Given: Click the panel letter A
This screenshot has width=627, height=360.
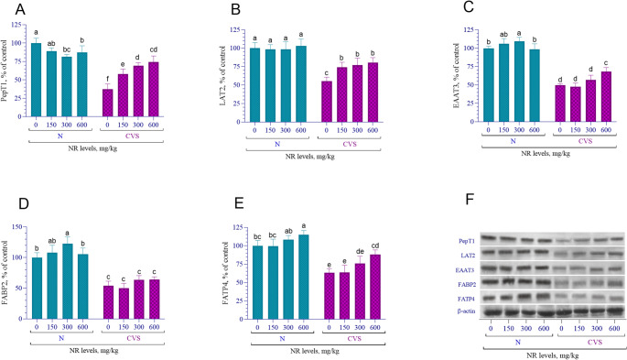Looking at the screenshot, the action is point(20,9).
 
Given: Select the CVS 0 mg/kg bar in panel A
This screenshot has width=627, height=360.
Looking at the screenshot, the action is point(108,103).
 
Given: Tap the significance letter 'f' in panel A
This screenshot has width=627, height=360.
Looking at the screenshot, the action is point(108,79).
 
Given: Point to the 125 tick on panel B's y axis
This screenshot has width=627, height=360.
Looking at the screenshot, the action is point(235,29).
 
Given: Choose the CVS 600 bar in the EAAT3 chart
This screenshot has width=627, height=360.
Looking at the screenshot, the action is point(606,96).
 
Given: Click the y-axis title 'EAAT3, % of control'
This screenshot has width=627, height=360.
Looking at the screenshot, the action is point(456,76).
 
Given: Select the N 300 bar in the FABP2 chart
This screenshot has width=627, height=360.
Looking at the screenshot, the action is point(67,281).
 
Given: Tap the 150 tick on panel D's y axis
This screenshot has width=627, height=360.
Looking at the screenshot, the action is point(17,227).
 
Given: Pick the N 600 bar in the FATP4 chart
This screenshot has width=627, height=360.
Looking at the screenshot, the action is point(304,277).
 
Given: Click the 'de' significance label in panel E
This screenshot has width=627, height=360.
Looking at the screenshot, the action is point(360,251).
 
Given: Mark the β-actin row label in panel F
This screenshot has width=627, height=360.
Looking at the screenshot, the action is point(467,311).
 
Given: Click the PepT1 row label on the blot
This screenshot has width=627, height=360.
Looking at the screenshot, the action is point(467,241).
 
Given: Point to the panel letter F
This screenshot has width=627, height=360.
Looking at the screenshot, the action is point(470,199).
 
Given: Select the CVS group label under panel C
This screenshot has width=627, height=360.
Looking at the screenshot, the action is point(585,141).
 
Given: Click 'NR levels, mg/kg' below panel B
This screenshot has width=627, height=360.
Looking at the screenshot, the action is point(310,157).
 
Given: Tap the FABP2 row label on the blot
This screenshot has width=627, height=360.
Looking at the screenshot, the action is point(467,285).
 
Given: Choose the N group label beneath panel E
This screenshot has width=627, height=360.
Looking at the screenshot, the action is point(282,338).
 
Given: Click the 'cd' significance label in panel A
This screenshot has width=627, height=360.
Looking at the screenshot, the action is point(154,49).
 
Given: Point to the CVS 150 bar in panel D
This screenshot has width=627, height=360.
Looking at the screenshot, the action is point(124,303).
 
